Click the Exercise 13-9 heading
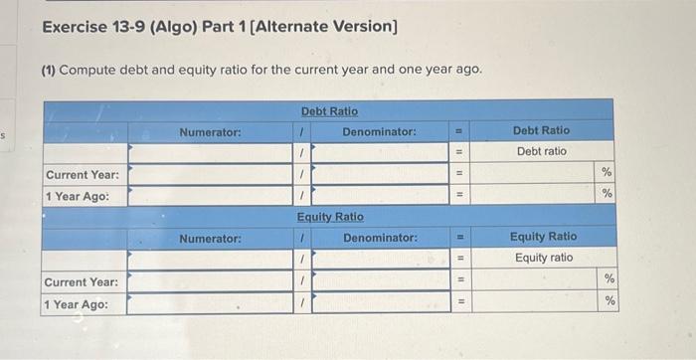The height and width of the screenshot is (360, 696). click(220, 25)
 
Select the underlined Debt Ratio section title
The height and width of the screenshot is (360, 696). click(329, 110)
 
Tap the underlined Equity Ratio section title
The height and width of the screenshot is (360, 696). click(330, 217)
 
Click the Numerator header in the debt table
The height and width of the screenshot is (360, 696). click(210, 131)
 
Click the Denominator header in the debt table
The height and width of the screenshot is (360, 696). click(379, 131)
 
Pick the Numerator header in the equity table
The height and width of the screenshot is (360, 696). click(210, 239)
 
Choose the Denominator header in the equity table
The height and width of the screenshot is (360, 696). click(380, 239)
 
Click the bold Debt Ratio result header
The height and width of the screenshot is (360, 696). click(541, 130)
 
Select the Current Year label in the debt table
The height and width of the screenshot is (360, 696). click(83, 174)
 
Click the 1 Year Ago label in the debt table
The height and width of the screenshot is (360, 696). click(77, 196)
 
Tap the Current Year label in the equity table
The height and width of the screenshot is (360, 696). click(83, 281)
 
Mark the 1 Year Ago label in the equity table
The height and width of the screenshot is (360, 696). click(77, 303)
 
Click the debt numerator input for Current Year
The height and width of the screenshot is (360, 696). click(210, 174)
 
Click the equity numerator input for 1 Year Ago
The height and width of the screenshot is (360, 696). click(210, 303)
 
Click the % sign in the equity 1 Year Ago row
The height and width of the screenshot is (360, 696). click(609, 301)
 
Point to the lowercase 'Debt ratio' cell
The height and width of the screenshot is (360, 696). click(541, 151)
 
